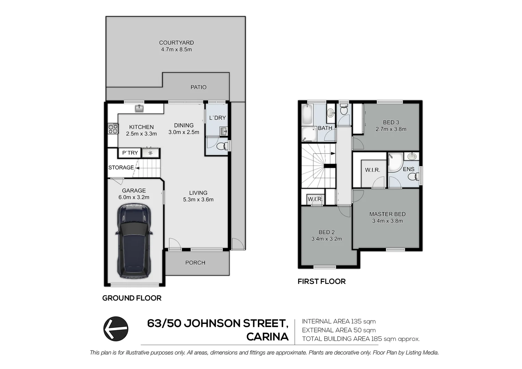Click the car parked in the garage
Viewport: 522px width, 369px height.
(x=134, y=241)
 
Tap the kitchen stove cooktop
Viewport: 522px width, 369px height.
(x=113, y=129)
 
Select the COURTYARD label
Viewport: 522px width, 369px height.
(x=176, y=43)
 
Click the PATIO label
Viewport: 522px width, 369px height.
(x=198, y=87)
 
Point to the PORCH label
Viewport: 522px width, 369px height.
(x=195, y=263)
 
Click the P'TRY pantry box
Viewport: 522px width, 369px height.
(x=129, y=153)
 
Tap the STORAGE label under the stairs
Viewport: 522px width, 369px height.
(x=121, y=167)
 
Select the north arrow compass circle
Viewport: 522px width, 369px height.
(x=116, y=329)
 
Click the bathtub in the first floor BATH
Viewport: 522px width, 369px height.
(x=307, y=114)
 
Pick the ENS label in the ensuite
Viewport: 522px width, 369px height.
(x=409, y=169)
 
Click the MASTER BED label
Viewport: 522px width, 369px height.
(x=387, y=214)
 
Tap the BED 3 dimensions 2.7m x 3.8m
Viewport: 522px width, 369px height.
(x=391, y=129)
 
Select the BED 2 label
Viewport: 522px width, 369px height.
(x=327, y=232)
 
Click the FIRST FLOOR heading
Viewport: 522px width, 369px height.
(x=321, y=281)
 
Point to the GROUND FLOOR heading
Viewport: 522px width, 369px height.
(x=132, y=298)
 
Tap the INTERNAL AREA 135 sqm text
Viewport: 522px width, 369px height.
(x=339, y=322)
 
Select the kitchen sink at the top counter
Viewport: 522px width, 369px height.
(x=139, y=108)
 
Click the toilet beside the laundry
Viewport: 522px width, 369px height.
(x=221, y=146)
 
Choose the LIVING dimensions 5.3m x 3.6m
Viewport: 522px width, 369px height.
(x=198, y=200)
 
